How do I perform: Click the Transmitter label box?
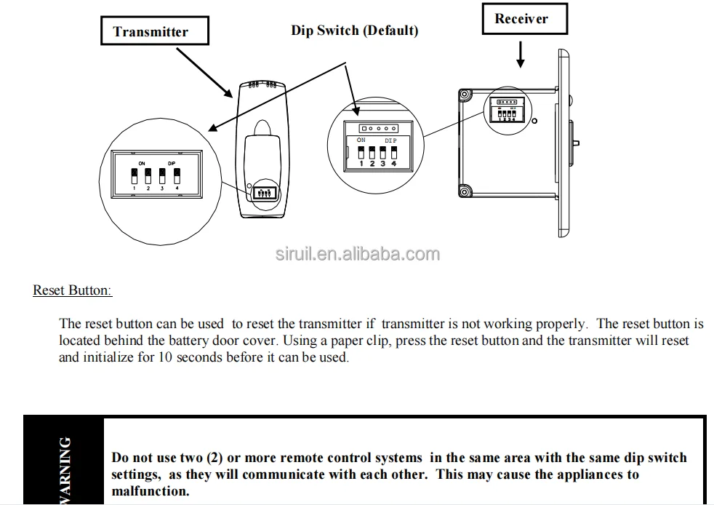(x=151, y=31)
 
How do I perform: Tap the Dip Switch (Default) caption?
(x=354, y=31)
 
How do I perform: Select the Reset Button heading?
(x=72, y=290)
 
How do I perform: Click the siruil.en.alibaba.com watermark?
(x=357, y=254)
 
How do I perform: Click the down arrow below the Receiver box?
(x=521, y=55)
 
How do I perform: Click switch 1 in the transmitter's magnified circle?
(x=134, y=177)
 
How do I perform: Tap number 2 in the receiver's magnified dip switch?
(x=372, y=164)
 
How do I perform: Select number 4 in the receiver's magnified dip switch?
(x=393, y=164)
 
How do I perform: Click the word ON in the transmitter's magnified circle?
(x=142, y=163)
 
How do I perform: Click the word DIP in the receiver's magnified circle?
(x=391, y=140)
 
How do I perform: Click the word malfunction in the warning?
(x=149, y=491)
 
